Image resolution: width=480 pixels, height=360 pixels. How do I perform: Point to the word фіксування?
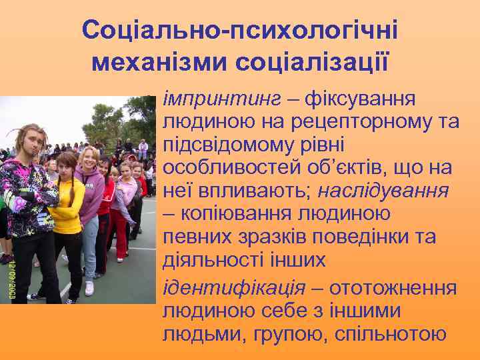[361, 99]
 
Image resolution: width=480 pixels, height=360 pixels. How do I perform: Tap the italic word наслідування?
[383, 191]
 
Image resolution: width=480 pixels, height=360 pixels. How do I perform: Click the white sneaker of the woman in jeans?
[89, 289]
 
